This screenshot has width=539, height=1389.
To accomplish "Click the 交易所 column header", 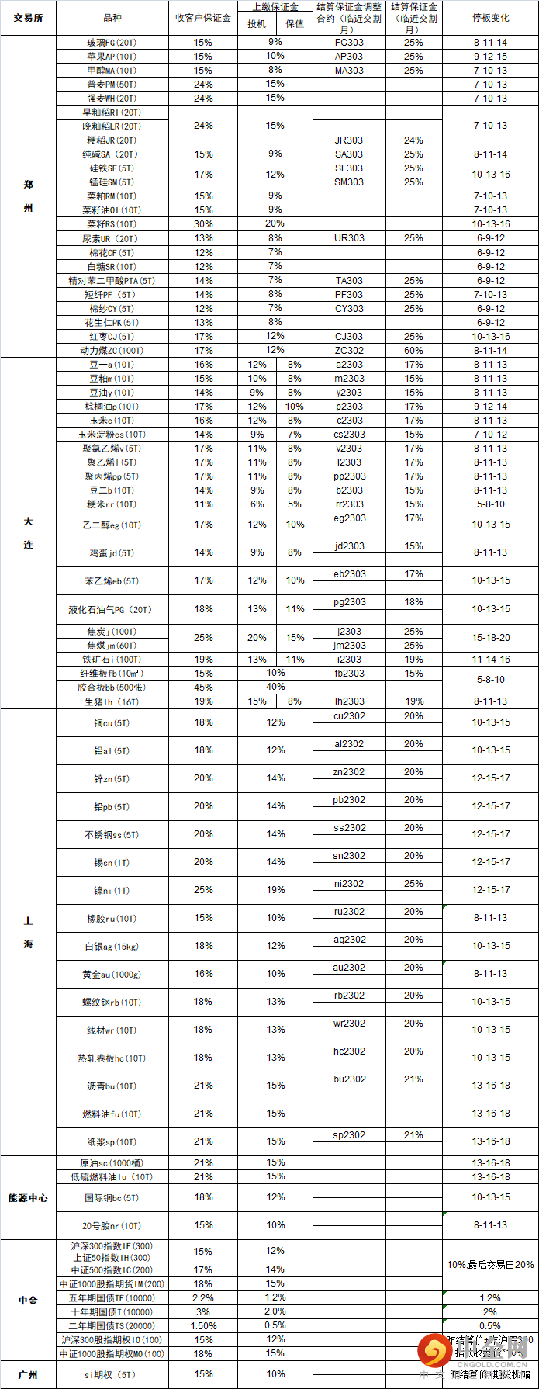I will (x=28, y=18).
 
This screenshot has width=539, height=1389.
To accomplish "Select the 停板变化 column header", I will (x=490, y=18).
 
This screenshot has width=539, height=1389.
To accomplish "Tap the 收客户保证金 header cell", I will (x=202, y=18).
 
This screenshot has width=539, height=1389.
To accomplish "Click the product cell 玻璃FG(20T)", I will (x=112, y=43).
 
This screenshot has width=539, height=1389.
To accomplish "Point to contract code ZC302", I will (x=349, y=351).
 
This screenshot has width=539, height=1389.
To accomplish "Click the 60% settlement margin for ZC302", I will (x=413, y=351).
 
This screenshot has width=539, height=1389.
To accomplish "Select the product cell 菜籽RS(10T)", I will (x=112, y=224).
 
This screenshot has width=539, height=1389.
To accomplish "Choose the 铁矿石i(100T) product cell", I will (x=112, y=660).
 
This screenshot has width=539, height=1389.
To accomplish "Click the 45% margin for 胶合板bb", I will (x=203, y=688).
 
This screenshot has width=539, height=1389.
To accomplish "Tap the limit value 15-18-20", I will (x=491, y=638).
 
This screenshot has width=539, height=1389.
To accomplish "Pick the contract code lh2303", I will (x=349, y=701).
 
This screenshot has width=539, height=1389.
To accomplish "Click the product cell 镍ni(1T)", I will (x=112, y=891).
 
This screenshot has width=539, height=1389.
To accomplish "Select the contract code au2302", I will (x=349, y=968).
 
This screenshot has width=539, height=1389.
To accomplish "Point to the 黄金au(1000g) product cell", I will (x=112, y=975).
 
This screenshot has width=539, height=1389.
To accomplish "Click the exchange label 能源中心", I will (x=28, y=1198).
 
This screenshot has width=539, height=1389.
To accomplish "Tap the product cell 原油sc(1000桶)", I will (x=112, y=1163).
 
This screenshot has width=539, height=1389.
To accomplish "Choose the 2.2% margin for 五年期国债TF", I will (x=203, y=1298).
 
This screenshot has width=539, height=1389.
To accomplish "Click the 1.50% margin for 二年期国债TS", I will (x=203, y=1326).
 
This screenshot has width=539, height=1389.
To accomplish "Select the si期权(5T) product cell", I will (x=112, y=1374).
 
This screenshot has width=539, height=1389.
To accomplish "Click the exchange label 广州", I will (x=28, y=1374).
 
